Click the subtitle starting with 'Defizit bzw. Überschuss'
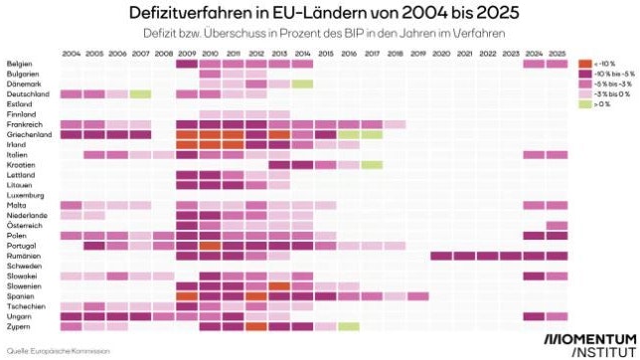point(320,35)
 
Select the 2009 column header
point(186,54)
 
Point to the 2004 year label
point(71,54)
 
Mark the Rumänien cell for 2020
point(441,256)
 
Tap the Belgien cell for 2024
point(534,64)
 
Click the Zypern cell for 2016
point(349,326)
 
